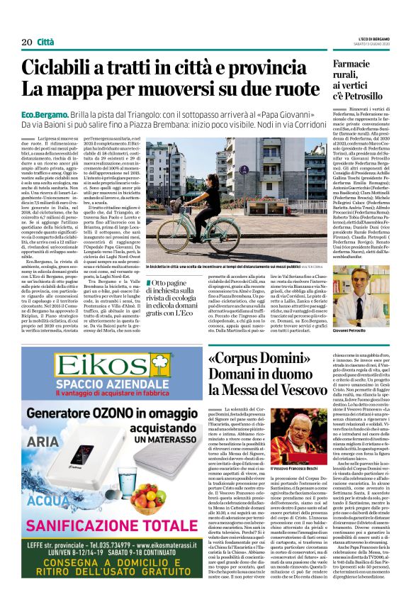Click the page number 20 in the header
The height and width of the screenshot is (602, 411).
[x=26, y=43]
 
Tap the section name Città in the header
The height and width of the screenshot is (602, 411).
[x=46, y=43]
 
